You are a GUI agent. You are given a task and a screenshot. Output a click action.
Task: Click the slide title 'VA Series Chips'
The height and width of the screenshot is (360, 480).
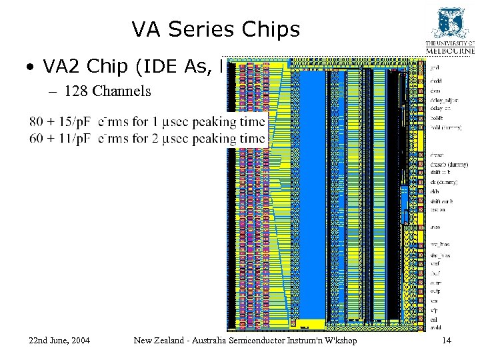pyautogui.click(x=215, y=29)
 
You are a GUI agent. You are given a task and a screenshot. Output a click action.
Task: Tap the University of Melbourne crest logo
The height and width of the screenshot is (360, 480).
pyautogui.click(x=450, y=24)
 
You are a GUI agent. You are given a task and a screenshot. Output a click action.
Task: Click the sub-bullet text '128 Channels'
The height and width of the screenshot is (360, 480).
pyautogui.click(x=107, y=91)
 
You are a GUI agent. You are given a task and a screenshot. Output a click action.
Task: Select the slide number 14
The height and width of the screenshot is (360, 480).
pyautogui.click(x=446, y=341)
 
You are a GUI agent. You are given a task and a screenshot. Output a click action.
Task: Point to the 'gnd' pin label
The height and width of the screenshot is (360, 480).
pyautogui.click(x=434, y=67)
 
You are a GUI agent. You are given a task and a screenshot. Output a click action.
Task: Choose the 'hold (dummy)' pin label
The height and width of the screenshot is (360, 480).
pyautogui.click(x=444, y=127)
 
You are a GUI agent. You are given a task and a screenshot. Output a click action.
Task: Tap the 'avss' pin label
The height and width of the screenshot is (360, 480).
pyautogui.click(x=435, y=227)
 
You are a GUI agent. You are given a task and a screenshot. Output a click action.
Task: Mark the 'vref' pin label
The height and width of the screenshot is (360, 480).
pyautogui.click(x=435, y=263)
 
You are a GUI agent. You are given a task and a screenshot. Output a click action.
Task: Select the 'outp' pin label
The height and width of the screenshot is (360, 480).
pyautogui.click(x=435, y=291)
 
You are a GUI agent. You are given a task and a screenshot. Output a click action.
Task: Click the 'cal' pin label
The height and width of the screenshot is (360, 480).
pyautogui.click(x=434, y=318)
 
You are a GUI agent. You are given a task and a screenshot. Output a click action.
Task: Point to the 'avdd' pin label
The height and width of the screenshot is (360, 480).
pyautogui.click(x=435, y=327)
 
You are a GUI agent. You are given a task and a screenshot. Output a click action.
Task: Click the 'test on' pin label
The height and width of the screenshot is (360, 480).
pyautogui.click(x=438, y=209)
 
